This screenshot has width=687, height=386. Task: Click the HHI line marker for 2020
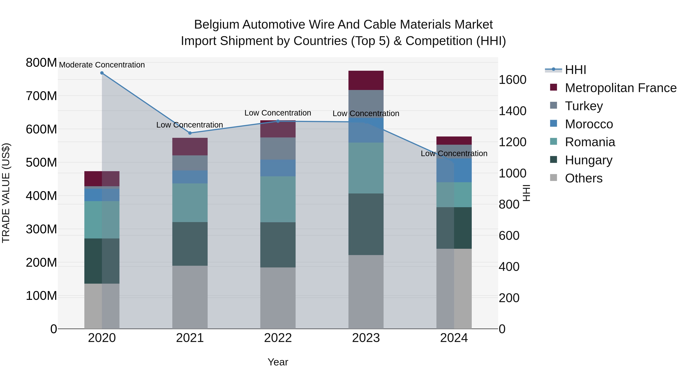click(x=102, y=73)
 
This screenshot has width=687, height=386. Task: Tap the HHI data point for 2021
click(x=190, y=133)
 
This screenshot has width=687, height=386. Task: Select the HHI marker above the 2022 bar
click(x=278, y=121)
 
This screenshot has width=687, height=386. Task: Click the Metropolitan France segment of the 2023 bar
click(x=366, y=80)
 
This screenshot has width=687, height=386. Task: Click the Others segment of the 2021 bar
click(x=190, y=297)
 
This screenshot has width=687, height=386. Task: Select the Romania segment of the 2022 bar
click(x=278, y=199)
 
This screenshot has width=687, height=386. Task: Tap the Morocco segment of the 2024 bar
click(x=454, y=170)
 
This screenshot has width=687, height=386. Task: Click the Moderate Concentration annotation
click(x=102, y=65)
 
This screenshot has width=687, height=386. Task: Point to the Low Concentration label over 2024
click(x=454, y=153)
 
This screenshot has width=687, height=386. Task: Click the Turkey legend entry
click(x=584, y=106)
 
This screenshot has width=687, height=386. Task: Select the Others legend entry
click(x=584, y=178)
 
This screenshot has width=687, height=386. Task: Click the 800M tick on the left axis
click(x=41, y=63)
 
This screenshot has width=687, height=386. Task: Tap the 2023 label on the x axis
click(x=366, y=338)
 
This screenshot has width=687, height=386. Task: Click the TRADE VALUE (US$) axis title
click(x=6, y=193)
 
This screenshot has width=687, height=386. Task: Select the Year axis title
click(x=278, y=362)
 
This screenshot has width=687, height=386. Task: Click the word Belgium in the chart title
click(x=216, y=25)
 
